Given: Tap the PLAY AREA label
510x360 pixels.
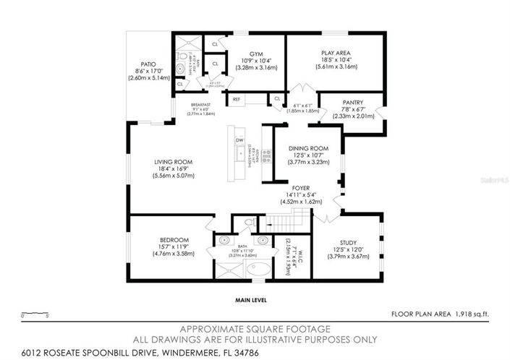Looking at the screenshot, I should pyautogui.click(x=336, y=53).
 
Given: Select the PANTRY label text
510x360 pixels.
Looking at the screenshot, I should pyautogui.click(x=353, y=103).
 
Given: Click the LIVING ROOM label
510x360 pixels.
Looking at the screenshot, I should pyautogui.click(x=173, y=162).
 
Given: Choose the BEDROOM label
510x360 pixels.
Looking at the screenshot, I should pyautogui.click(x=174, y=240).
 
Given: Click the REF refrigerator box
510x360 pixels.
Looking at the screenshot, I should pyautogui.click(x=235, y=99).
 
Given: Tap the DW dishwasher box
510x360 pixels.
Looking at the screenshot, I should pyautogui.click(x=239, y=141).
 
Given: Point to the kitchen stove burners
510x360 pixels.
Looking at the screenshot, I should pyautogui.click(x=265, y=153).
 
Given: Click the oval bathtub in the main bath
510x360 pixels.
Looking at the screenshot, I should pyautogui.click(x=257, y=271).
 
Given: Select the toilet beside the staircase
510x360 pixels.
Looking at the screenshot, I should pyautogui.click(x=248, y=222).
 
